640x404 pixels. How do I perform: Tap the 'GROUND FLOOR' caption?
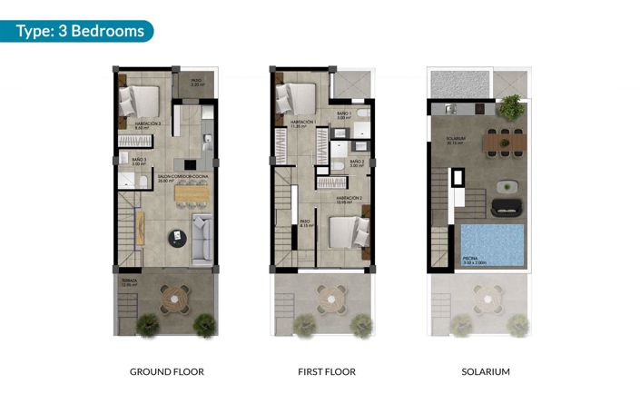coord(166,371)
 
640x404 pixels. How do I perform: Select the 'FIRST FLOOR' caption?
coord(327,371)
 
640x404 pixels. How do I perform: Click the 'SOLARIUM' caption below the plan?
coord(486,371)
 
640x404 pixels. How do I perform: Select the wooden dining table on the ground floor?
coord(191,192)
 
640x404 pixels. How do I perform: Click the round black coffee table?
coord(173,238)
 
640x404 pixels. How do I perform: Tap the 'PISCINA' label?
coord(472,258)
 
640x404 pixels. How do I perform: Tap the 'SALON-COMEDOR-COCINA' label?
coord(176,178)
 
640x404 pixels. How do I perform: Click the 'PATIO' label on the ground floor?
coord(197,81)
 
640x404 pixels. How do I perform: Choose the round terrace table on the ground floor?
coord(172,296)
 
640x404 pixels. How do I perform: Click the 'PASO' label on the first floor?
coord(304,221)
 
